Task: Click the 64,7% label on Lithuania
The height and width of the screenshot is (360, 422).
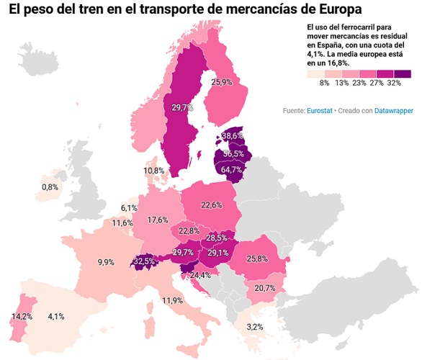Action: point(231,169)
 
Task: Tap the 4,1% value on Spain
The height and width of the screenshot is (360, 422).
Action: point(56,315)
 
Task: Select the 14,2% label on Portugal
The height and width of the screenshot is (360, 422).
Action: point(21,315)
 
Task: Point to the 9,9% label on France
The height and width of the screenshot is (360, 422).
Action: point(107,262)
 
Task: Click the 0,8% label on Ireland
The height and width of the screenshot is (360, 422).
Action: point(50,187)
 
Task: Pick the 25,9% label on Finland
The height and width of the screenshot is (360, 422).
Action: point(221,83)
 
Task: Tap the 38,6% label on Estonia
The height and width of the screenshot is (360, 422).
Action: point(232,135)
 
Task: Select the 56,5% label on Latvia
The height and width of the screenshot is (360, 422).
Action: point(233,153)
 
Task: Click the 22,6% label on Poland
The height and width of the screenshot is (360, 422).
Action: point(211,205)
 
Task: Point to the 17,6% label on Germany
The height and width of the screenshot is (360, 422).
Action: point(157,220)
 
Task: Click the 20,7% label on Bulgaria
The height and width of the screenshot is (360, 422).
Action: point(265,288)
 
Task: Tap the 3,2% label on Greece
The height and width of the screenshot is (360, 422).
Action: point(254,327)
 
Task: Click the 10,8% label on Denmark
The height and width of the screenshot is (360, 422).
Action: point(153,171)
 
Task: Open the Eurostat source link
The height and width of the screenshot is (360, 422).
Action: point(320,111)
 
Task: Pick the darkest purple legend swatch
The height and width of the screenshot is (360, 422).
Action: point(402,73)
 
